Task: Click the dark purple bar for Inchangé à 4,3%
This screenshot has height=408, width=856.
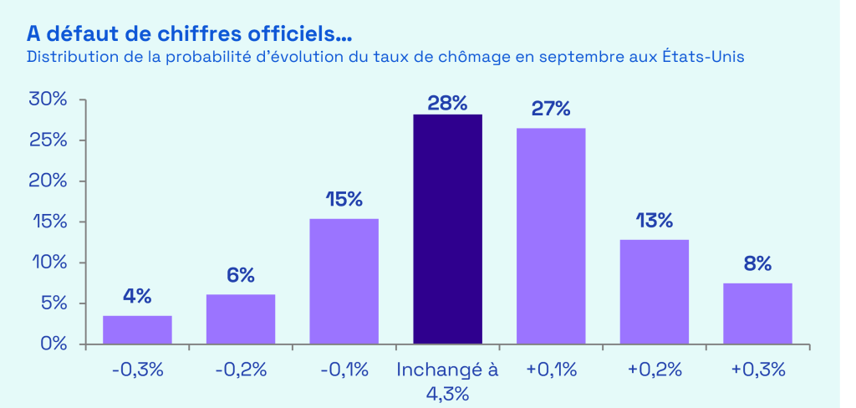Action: pyautogui.click(x=447, y=229)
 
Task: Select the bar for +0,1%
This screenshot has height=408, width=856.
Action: pyautogui.click(x=551, y=236)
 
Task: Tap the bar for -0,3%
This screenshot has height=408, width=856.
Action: pyautogui.click(x=137, y=329)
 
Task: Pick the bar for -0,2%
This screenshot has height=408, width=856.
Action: pyautogui.click(x=241, y=319)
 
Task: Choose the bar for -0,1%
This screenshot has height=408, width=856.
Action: pyautogui.click(x=344, y=281)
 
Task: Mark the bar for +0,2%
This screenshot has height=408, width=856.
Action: pyautogui.click(x=654, y=292)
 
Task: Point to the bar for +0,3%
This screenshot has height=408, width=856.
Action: pyautogui.click(x=757, y=314)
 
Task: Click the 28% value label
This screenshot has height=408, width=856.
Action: pyautogui.click(x=447, y=103)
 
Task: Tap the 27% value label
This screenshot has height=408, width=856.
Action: pyautogui.click(x=551, y=110)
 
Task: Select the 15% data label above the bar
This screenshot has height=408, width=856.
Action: pyautogui.click(x=344, y=200)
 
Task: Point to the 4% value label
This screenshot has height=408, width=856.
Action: pyautogui.click(x=137, y=296)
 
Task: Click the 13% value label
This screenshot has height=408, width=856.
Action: pyautogui.click(x=654, y=221)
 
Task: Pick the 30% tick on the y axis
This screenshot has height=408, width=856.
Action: pyautogui.click(x=48, y=100)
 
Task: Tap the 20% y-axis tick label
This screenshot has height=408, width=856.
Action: pyautogui.click(x=48, y=181)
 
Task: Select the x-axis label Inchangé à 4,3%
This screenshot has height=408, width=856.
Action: pyautogui.click(x=447, y=380)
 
